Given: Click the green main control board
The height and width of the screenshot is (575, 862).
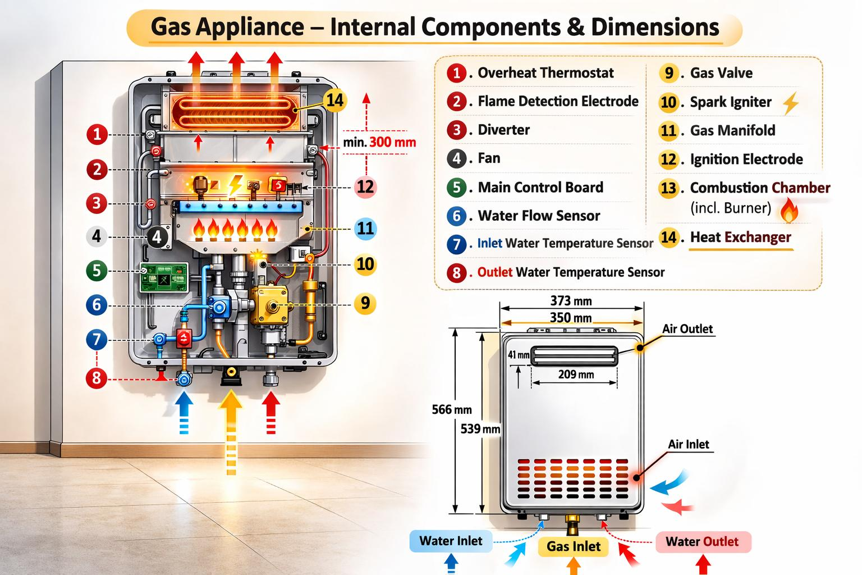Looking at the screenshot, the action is point(163,277).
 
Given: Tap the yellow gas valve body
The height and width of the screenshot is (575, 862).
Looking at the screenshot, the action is point(270,305).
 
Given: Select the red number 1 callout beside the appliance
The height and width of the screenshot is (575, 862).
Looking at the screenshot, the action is point(97,134).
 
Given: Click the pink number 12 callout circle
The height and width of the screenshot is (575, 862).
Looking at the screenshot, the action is point(365,187).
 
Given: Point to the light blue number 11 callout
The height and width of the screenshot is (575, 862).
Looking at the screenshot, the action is point(365,229).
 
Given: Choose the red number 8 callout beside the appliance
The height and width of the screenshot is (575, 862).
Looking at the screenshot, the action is point(97,378).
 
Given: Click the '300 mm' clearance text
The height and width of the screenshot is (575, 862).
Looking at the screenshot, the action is point(392,143).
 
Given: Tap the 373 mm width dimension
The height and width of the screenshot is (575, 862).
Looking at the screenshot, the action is point(571,301).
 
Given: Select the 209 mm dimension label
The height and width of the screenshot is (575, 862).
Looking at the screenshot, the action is point(576,374).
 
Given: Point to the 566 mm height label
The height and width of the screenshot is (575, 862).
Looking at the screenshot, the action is point(452,409).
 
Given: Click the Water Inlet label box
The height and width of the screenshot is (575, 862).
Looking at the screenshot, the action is point(451,541).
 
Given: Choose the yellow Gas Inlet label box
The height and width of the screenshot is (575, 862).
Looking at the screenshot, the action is point(574,546).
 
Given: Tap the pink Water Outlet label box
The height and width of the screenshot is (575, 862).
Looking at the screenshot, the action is point(703,541).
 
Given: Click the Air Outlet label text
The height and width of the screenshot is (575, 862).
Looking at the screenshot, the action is point(687,329).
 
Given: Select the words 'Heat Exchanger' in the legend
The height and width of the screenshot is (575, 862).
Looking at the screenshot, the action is point(740,237).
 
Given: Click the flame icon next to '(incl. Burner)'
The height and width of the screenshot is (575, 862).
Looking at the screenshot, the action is point(789,210).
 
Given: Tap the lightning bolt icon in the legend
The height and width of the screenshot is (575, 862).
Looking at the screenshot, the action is point(790,103).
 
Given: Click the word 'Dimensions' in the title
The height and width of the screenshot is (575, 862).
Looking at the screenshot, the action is point(655,27).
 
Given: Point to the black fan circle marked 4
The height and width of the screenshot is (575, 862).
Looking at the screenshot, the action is point(157,237).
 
